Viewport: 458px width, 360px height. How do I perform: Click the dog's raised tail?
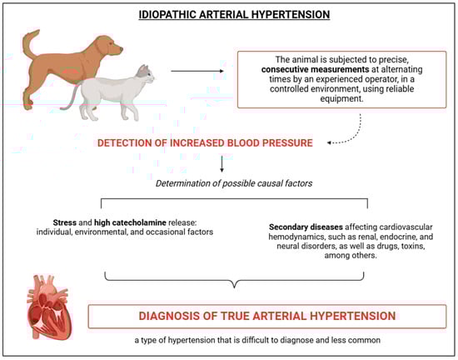click(x=30, y=44)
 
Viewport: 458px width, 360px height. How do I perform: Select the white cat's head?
click(x=145, y=75)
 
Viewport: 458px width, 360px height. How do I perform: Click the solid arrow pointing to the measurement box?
click(x=197, y=71)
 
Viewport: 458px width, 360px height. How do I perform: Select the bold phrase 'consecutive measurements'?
click(x=315, y=69)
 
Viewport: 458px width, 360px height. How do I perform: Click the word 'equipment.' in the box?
click(x=341, y=98)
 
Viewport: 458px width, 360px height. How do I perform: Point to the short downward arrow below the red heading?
click(x=222, y=164)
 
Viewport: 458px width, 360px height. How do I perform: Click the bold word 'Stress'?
click(x=65, y=222)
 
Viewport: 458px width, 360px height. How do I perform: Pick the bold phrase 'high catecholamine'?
click(x=130, y=222)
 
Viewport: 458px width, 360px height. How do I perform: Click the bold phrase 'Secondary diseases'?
click(x=306, y=227)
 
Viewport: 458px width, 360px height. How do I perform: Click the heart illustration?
click(x=49, y=307)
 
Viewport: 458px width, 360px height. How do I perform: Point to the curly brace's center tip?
click(x=234, y=287)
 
